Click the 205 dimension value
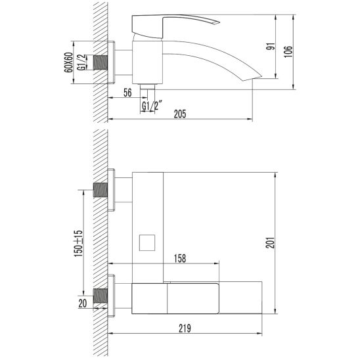click(x=180, y=114)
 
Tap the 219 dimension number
click(x=185, y=328)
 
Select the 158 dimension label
click(x=180, y=258)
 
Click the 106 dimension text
click(x=288, y=52)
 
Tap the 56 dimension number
click(x=127, y=93)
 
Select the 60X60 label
click(x=68, y=62)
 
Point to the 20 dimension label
click(x=83, y=304)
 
